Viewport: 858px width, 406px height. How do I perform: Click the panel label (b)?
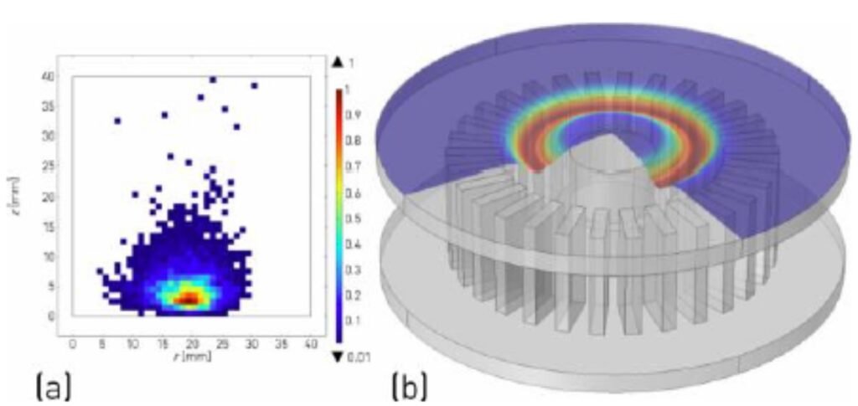coord(410,387)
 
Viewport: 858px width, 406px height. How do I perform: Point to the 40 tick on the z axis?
coord(49,76)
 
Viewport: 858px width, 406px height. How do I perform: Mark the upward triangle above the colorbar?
coord(337,61)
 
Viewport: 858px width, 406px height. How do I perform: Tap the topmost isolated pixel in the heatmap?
coord(213,80)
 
